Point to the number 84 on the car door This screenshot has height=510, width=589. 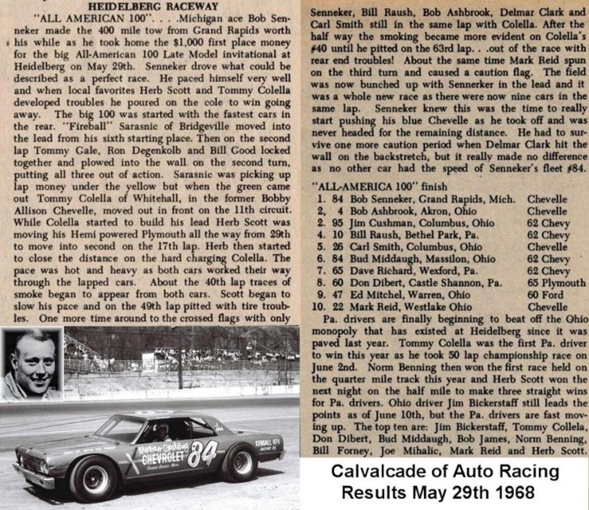click(x=202, y=453)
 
